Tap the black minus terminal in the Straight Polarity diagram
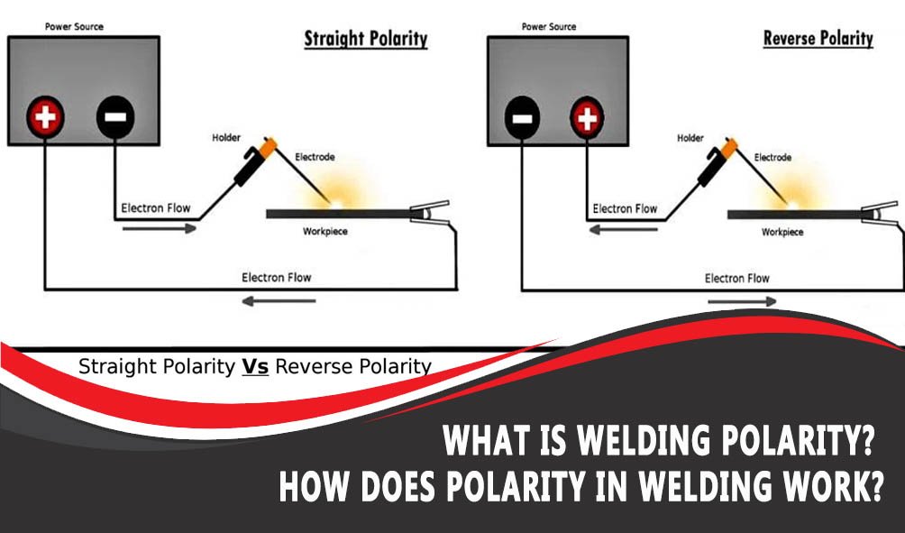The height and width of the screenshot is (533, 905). pos(114,116)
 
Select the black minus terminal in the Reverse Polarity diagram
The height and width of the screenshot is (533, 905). pos(522,117)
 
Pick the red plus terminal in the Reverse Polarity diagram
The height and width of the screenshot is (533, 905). pos(587,117)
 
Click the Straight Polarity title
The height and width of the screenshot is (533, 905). pos(365,39)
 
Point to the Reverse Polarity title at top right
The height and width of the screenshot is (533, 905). pos(818,38)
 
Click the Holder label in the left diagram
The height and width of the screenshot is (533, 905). pos(227,137)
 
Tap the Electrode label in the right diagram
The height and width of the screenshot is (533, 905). pos(772,157)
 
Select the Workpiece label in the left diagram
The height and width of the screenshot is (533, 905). pos(325,232)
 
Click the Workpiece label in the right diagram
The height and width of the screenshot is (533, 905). pos(782,232)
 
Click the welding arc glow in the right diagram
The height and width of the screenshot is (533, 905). pos(796,202)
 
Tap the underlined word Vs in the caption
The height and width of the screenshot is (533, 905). pos(255,367)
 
